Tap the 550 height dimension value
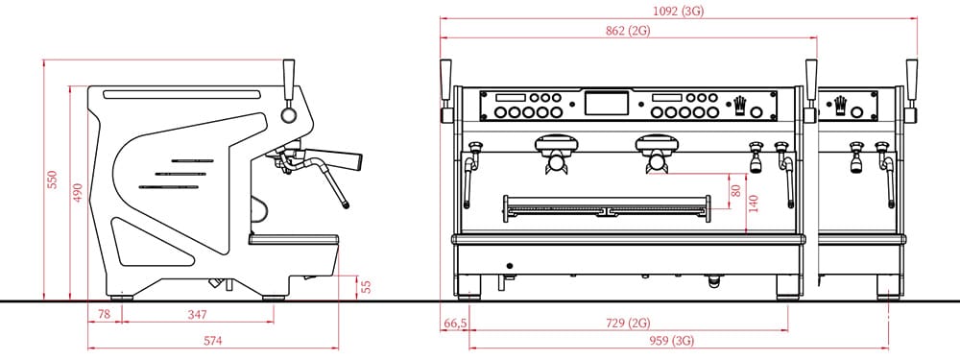coord(53,180)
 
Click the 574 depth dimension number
coord(212,341)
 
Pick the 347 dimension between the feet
coord(197,315)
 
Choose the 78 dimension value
coord(104,315)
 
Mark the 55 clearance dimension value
coord(366,286)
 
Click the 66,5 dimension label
coord(454,324)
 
